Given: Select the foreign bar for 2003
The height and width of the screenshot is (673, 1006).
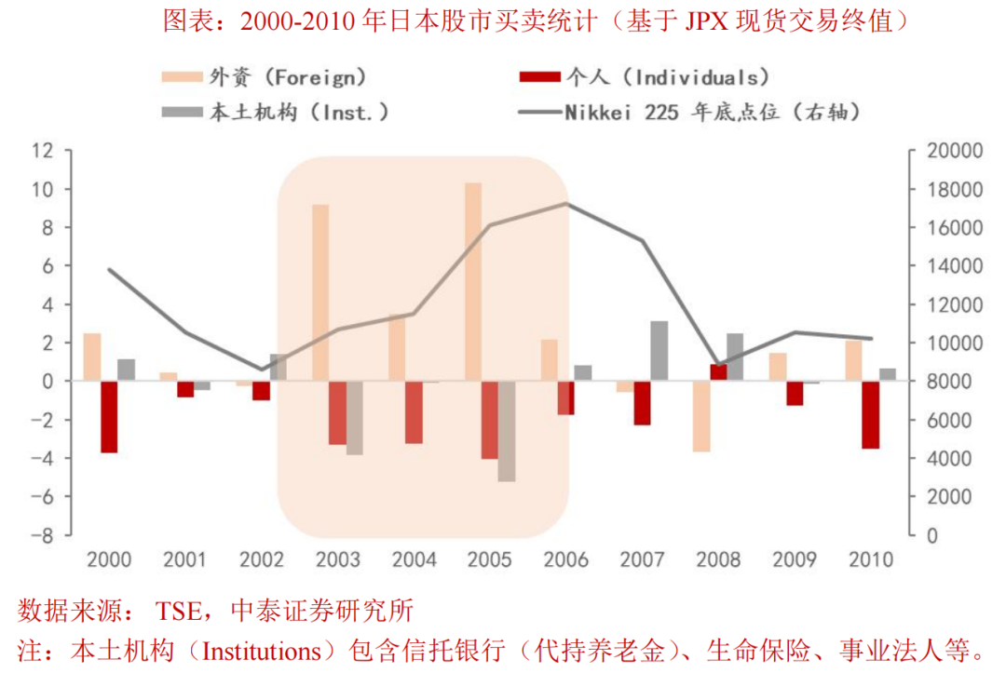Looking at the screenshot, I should point(320,292).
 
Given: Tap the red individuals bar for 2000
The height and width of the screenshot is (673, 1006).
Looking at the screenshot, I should point(109,417).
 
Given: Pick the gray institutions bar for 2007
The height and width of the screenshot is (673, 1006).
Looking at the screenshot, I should point(659,350).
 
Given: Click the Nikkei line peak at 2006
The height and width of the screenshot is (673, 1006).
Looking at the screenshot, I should point(566,204).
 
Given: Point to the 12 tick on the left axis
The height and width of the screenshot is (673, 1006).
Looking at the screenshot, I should point(41,151).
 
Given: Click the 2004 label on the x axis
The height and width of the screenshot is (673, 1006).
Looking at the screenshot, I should point(414,560).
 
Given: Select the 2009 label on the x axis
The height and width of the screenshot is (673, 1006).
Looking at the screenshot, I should point(795,560).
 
